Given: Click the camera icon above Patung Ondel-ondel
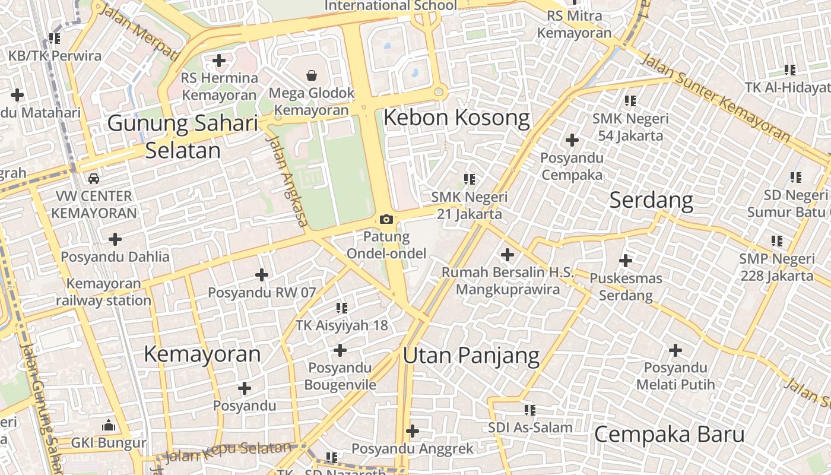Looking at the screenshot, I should click(x=386, y=220).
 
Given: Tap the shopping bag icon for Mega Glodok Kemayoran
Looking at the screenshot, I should click(x=311, y=75).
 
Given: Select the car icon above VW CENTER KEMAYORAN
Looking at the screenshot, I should click(x=93, y=178).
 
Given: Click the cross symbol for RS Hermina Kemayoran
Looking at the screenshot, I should click(x=219, y=60).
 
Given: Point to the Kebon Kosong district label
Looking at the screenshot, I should click(x=456, y=118).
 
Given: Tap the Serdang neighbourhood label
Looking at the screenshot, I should click(x=651, y=200).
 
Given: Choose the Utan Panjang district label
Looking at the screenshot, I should click(x=471, y=356).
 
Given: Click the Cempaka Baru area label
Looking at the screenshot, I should click(x=669, y=434).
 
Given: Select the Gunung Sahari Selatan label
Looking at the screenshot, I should click(x=183, y=137).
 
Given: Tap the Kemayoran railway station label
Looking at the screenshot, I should click(x=104, y=292).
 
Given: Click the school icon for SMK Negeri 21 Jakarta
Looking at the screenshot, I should click(x=470, y=179).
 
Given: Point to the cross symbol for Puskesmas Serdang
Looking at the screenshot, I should click(x=625, y=261).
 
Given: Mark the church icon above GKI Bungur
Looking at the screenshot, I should click(x=108, y=425).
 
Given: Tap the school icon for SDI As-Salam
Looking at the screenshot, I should click(x=529, y=410).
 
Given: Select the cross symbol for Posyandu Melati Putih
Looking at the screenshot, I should click(x=675, y=350).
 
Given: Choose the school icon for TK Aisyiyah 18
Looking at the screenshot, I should click(x=341, y=308).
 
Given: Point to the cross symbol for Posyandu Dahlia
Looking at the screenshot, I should click(x=115, y=239).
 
